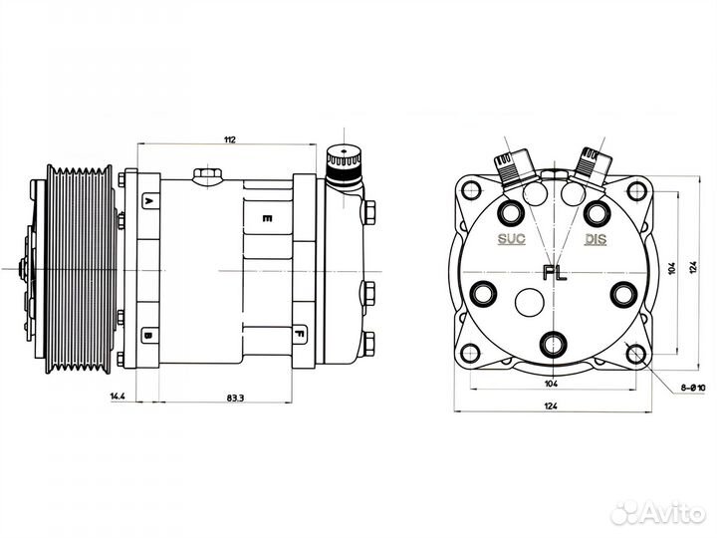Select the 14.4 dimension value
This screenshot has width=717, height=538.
[117, 397]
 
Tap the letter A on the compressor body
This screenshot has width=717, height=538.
[148, 202]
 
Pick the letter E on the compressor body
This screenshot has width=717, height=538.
[266, 217]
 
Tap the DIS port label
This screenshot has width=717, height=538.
[596, 239]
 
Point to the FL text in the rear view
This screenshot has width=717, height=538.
[554, 272]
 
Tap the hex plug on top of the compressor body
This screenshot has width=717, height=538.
[207, 176]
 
